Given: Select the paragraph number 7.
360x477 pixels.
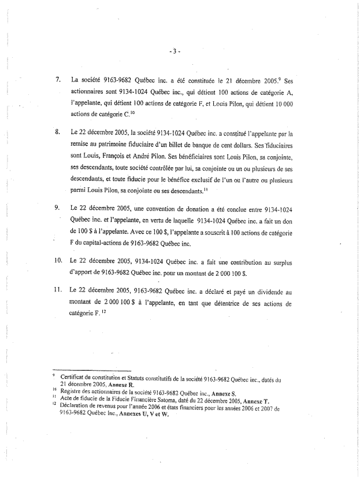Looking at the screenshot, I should pos(58,78).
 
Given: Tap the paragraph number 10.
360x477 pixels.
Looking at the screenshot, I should pos(57,261).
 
